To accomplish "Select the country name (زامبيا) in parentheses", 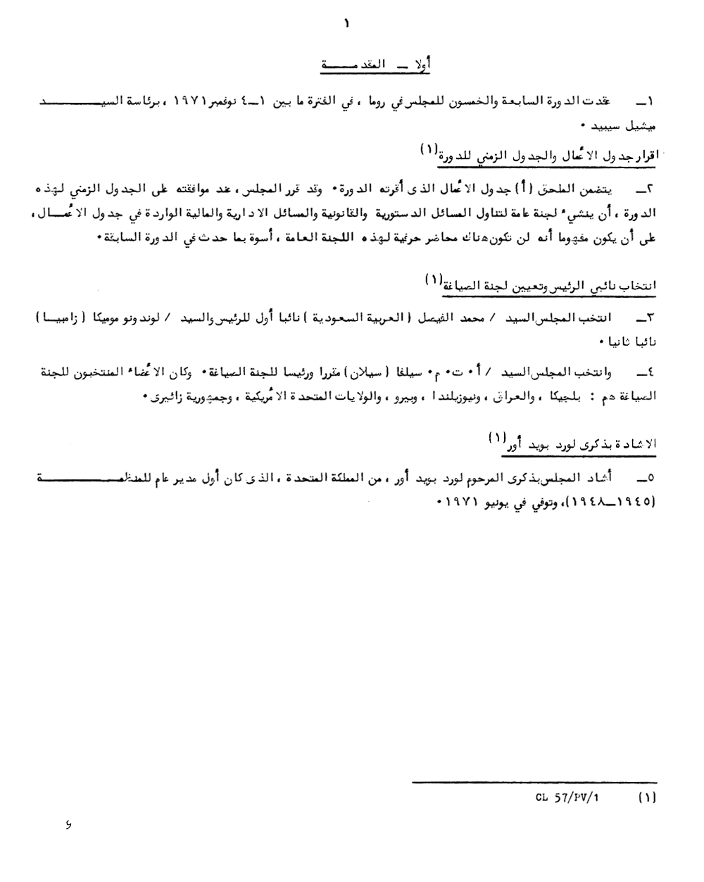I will pyautogui.click(x=69, y=318).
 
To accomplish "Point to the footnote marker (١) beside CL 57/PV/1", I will pyautogui.click(x=646, y=799).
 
